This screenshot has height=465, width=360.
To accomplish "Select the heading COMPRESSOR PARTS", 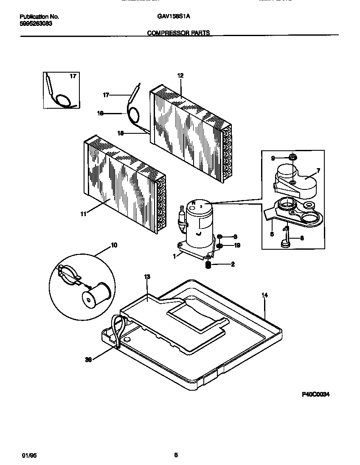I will tap(178, 33).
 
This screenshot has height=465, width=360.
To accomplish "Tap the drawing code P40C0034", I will tap(315, 394).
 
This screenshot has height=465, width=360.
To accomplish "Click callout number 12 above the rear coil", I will tap(180, 76).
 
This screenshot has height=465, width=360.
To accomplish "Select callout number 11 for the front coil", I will tap(84, 214).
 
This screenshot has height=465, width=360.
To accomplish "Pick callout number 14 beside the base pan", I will tap(264, 295).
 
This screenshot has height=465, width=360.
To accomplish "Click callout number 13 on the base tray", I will tap(147, 277).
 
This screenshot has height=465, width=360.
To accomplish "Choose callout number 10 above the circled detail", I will tap(114, 245).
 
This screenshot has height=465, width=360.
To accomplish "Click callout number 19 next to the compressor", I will tap(237, 245).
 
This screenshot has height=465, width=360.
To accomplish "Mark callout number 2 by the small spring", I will tap(233, 264).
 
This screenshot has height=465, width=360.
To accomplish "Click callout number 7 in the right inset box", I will tap(318, 170).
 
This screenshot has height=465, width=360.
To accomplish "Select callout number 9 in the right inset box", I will tap(273, 158).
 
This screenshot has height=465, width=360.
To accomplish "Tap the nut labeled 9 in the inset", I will tap(292, 158).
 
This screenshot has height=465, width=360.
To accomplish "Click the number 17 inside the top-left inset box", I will tap(73, 76).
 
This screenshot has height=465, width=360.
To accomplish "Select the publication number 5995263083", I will tap(37, 24).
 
